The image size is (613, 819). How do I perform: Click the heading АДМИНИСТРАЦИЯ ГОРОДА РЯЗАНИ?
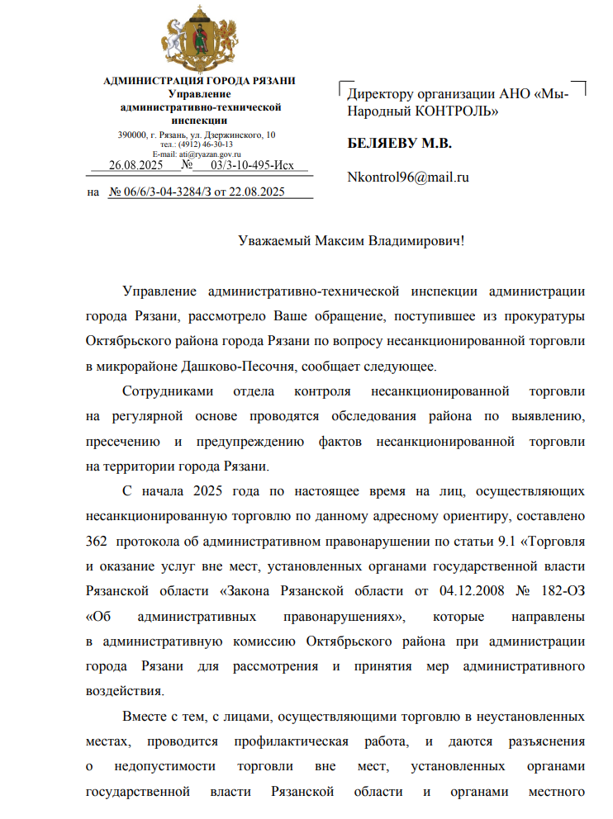pyautogui.click(x=199, y=80)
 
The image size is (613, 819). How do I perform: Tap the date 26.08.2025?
pyautogui.click(x=136, y=165)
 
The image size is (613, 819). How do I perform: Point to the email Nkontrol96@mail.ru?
pyautogui.click(x=408, y=177)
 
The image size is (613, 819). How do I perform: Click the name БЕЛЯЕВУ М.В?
pyautogui.click(x=400, y=144)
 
